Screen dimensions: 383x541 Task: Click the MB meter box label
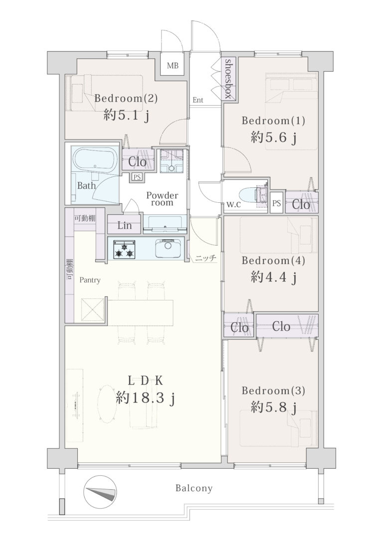click(173, 65)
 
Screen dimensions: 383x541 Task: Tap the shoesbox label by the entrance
click(228, 79)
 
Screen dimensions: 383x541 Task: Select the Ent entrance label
click(198, 101)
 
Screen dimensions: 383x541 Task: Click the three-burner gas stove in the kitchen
click(124, 249)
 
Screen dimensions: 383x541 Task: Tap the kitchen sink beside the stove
click(168, 249)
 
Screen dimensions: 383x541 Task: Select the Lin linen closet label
click(124, 225)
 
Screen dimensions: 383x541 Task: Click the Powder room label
click(162, 199)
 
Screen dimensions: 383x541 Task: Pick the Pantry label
click(90, 280)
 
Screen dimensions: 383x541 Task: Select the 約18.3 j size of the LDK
click(145, 399)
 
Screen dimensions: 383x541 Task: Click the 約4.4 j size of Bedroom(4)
click(273, 276)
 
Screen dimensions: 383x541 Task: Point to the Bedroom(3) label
click(273, 391)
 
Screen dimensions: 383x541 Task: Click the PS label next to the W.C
click(277, 203)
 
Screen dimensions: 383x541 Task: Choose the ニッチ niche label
click(206, 258)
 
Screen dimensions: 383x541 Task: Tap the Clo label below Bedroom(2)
click(138, 162)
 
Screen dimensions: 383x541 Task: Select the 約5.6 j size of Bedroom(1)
click(273, 138)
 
